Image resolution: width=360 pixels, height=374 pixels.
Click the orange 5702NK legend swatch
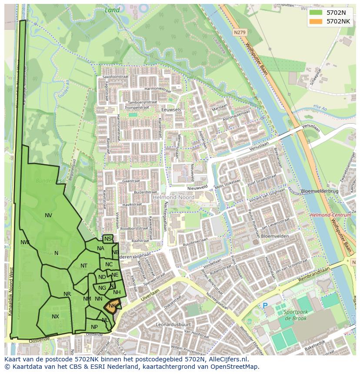[316, 21]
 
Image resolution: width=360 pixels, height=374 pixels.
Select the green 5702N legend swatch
[316, 13]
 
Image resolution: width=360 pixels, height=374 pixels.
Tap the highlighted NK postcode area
[112, 306]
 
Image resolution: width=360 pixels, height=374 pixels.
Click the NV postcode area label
[48, 215]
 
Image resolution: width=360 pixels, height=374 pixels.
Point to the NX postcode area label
[55, 317]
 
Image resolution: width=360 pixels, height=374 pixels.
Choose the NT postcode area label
[84, 266]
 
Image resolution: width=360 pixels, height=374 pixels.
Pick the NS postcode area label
[108, 239]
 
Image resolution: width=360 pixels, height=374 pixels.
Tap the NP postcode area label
[94, 327]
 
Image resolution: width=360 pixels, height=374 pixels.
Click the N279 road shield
[239, 32]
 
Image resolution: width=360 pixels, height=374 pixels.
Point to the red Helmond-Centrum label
[330, 215]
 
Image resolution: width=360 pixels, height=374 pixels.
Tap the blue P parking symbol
[265, 306]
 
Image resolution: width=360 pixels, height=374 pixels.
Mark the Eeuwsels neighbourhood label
[170, 110]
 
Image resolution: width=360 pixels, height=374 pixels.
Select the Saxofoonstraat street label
[117, 76]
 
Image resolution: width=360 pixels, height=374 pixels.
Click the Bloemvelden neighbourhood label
[275, 236]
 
